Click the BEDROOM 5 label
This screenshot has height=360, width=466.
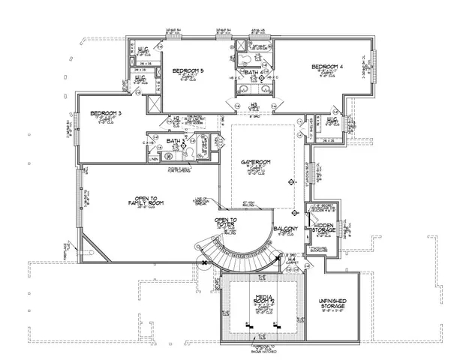click(x=188, y=71)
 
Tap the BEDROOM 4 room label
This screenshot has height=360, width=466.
click(x=331, y=67)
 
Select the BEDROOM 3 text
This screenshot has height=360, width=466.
click(x=106, y=114)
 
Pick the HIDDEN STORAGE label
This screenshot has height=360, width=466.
click(x=325, y=227)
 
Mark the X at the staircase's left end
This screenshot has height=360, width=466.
click(x=203, y=262)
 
